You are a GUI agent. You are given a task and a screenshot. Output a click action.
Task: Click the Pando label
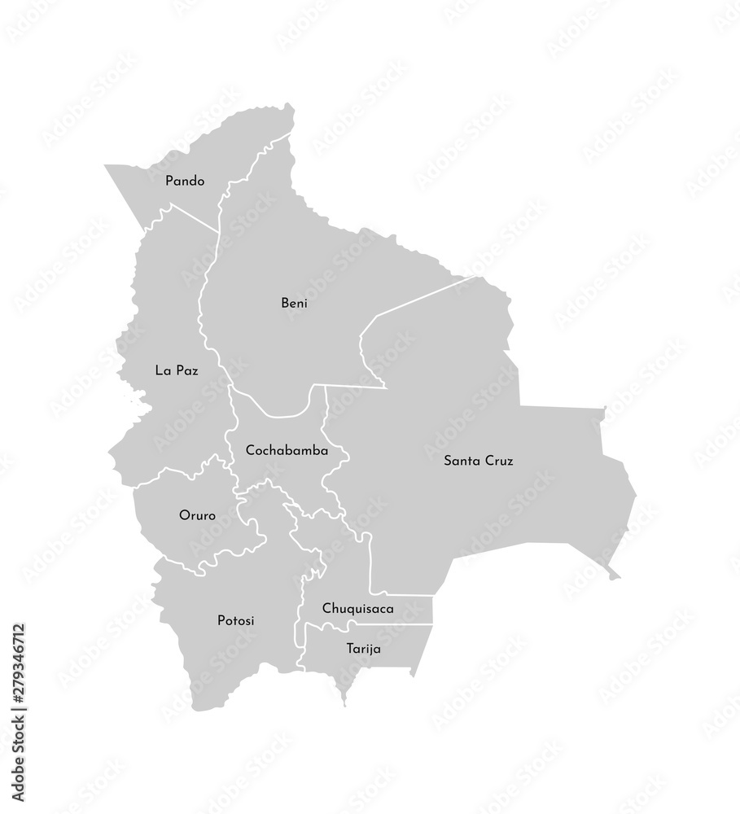185,181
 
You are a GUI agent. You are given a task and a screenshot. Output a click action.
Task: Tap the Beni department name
294,304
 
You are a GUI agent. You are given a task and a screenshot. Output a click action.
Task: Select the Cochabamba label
287,449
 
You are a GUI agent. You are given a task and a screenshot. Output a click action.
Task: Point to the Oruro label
196,515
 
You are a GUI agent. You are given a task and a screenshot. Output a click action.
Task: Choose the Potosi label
236,620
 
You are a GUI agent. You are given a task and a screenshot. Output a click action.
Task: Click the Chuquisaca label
358,608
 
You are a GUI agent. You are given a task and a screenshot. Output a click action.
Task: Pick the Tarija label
362,650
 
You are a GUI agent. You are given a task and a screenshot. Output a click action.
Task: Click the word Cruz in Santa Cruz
497,461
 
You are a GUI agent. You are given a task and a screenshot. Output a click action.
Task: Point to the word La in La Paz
162,370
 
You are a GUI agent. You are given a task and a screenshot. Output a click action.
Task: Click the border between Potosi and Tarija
298,651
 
